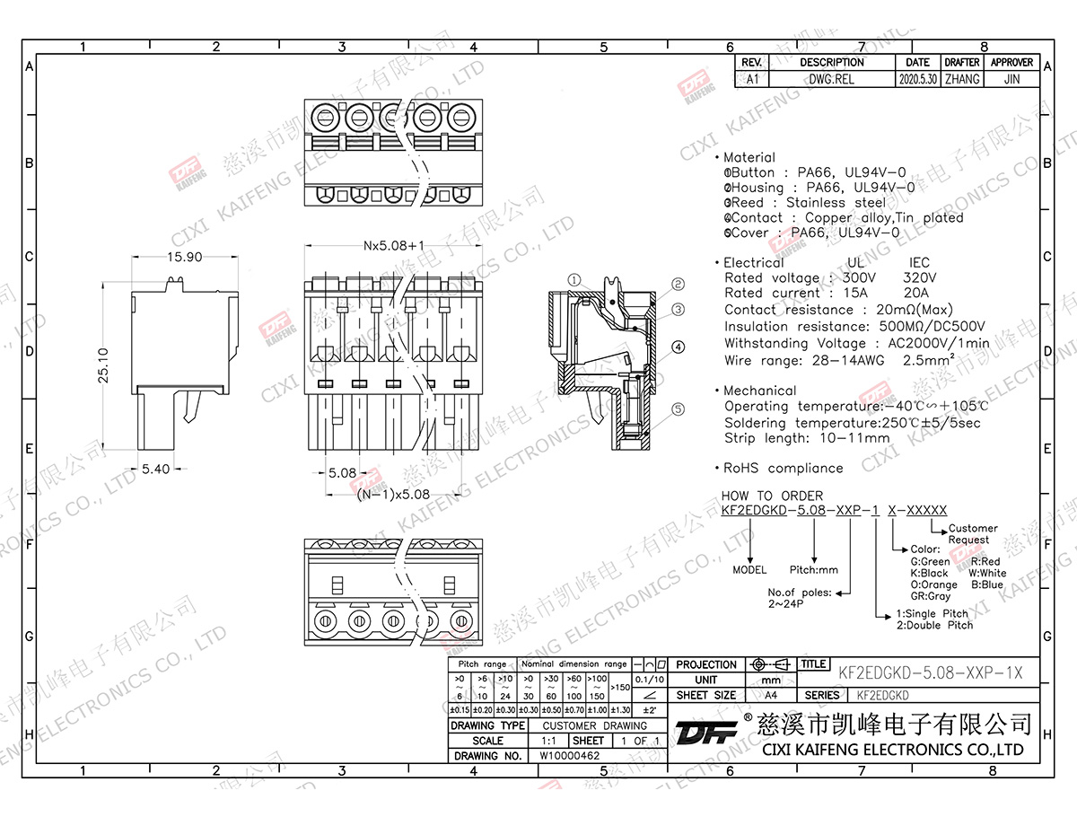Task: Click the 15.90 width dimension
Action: [184, 258]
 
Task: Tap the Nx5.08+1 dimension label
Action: [393, 244]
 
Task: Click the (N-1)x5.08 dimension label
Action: [392, 494]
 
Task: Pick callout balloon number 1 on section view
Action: [574, 280]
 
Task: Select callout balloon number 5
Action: [679, 409]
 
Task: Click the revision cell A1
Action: [752, 79]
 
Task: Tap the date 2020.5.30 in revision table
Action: [917, 79]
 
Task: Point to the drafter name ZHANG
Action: [961, 79]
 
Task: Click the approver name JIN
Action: [1011, 79]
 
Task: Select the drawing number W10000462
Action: [569, 756]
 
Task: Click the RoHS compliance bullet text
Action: [783, 468]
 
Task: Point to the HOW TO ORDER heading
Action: [772, 496]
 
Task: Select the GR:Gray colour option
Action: [930, 596]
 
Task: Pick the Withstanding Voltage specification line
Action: [857, 343]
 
